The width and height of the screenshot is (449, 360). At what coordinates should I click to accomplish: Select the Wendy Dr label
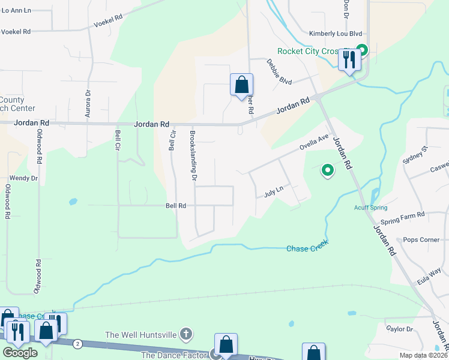(x=23, y=178)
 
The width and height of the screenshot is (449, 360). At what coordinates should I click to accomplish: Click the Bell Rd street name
(x=176, y=206)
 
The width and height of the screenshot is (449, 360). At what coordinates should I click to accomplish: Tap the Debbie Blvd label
(x=279, y=72)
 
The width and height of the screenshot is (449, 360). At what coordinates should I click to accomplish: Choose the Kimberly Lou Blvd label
(x=336, y=35)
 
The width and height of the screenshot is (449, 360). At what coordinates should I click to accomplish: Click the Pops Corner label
(x=421, y=239)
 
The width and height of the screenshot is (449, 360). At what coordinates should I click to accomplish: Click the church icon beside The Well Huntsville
(x=187, y=334)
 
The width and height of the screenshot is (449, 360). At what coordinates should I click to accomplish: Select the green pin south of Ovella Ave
(x=328, y=171)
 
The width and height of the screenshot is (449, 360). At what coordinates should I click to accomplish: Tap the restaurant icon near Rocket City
(x=348, y=59)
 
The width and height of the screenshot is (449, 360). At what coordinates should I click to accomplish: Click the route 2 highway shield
(x=78, y=344)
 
